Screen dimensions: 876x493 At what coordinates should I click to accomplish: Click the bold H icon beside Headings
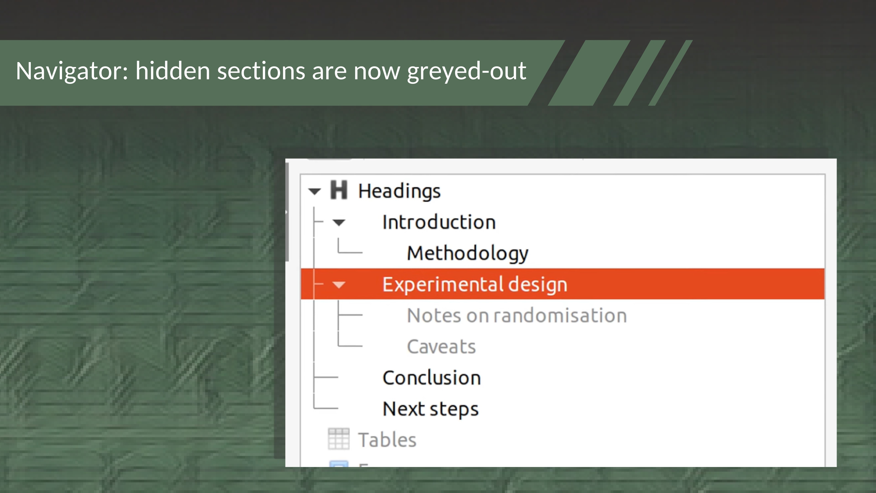pyautogui.click(x=339, y=190)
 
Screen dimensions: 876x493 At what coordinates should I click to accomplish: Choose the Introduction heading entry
pyautogui.click(x=439, y=222)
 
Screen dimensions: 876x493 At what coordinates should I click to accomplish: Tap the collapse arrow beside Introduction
pyautogui.click(x=339, y=223)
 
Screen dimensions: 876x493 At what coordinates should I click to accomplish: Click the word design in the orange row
pyautogui.click(x=538, y=284)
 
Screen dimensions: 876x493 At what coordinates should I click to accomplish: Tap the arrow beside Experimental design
pyautogui.click(x=339, y=285)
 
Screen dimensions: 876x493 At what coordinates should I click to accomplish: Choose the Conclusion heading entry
pyautogui.click(x=432, y=378)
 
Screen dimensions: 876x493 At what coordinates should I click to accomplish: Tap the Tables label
pyautogui.click(x=387, y=440)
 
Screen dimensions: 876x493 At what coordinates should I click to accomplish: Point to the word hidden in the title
pyautogui.click(x=173, y=71)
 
